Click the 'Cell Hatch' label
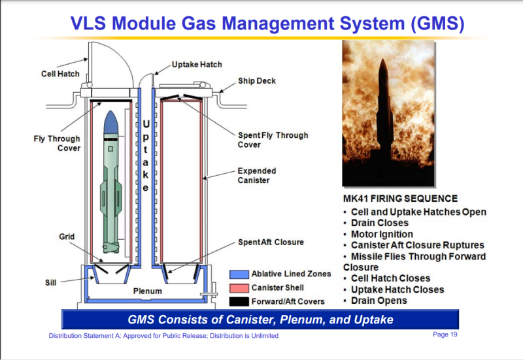[60, 74]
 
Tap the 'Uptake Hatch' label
[197, 65]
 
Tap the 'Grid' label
[67, 236]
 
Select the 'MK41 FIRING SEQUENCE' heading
[400, 199]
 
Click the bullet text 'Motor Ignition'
[382, 234]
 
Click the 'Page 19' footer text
[445, 335]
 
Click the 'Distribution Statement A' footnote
[164, 336]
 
